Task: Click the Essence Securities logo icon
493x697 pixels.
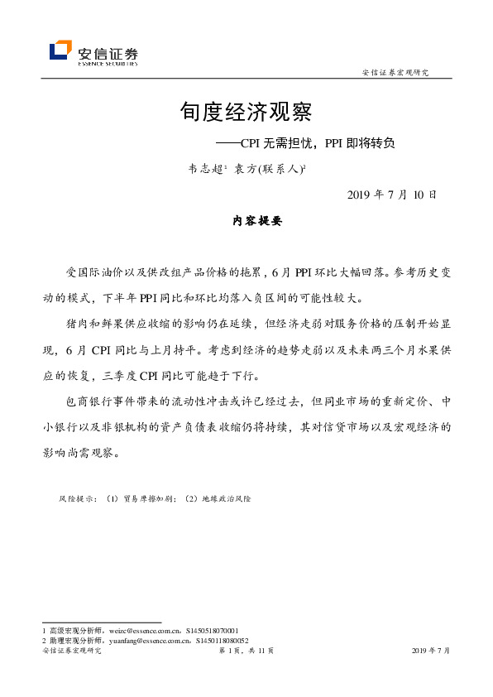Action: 60,51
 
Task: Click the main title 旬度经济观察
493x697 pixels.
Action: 246,112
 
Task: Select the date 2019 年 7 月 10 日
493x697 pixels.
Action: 386,195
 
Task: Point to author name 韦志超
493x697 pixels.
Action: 205,168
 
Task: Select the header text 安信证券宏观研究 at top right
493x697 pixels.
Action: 395,73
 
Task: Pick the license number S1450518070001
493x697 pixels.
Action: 212,631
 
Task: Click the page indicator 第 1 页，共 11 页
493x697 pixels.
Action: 246,651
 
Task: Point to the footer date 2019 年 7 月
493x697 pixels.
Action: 430,651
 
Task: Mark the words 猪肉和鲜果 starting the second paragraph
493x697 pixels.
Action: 92,320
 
